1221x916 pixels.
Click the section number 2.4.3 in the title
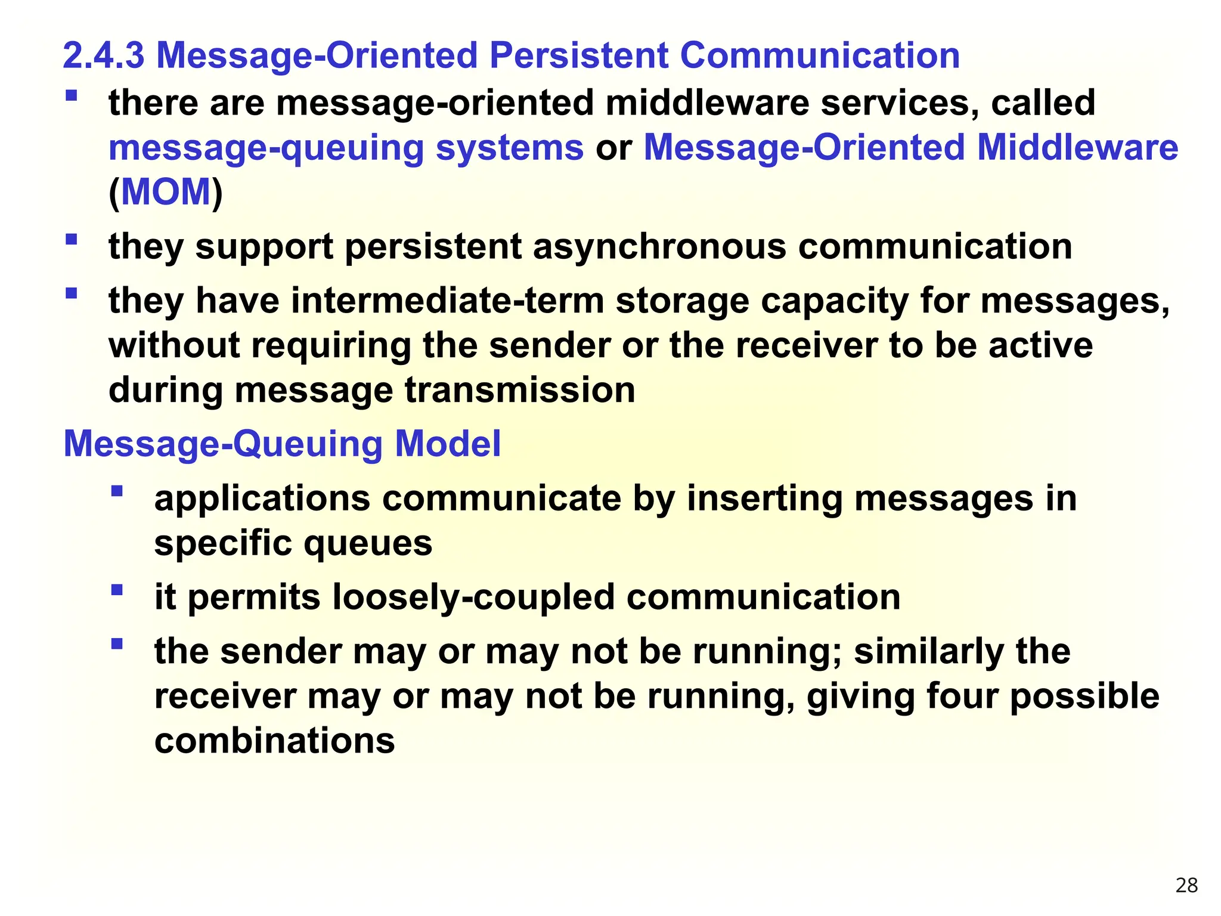[x=103, y=55]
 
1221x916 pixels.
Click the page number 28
[x=1186, y=886]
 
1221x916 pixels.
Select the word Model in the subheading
[x=448, y=444]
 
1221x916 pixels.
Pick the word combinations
[x=274, y=741]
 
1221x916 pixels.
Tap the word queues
[x=368, y=543]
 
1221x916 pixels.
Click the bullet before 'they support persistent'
[x=72, y=240]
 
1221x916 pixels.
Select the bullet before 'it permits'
[x=117, y=590]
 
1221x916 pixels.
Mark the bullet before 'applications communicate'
[x=117, y=491]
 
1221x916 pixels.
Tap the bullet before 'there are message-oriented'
[x=72, y=95]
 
